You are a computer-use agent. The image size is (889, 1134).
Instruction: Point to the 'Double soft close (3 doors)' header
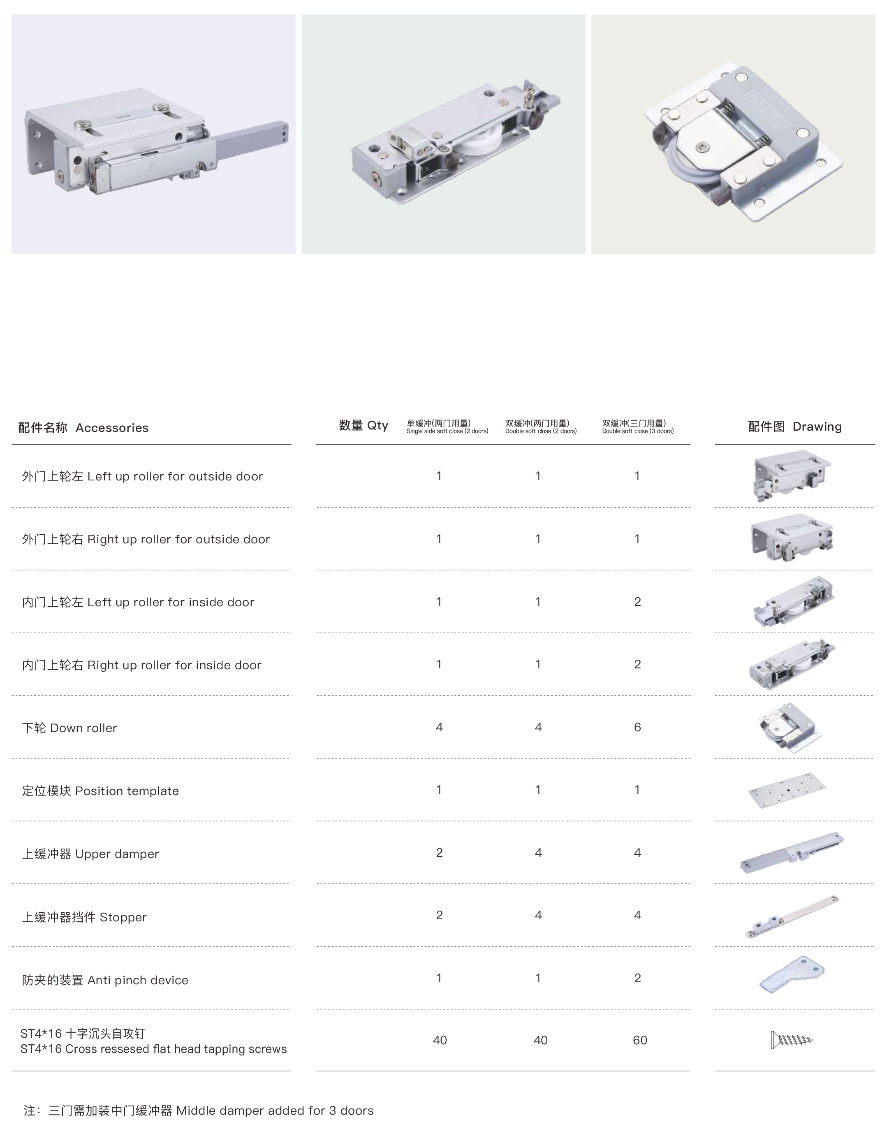638,431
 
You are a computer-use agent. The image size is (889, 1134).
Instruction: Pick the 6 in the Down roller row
638,727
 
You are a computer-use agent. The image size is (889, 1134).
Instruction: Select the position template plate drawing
787,791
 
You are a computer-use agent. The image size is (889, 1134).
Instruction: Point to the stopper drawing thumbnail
792,916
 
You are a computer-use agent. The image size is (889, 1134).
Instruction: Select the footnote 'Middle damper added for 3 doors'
275,1111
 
